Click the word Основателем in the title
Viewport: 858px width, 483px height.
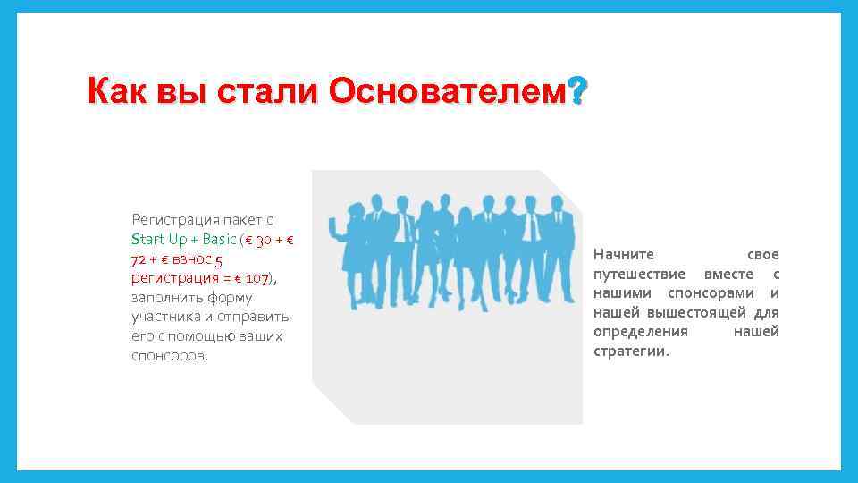pos(449,91)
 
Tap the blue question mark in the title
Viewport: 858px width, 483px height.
pos(578,90)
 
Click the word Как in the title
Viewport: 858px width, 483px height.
pos(119,91)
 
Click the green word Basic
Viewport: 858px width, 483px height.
pos(219,239)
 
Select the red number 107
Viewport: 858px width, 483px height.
pos(258,278)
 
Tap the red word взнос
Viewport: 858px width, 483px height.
pos(189,258)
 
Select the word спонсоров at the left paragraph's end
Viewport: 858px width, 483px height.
pos(167,356)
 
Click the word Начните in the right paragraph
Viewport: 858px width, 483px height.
pos(624,255)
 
